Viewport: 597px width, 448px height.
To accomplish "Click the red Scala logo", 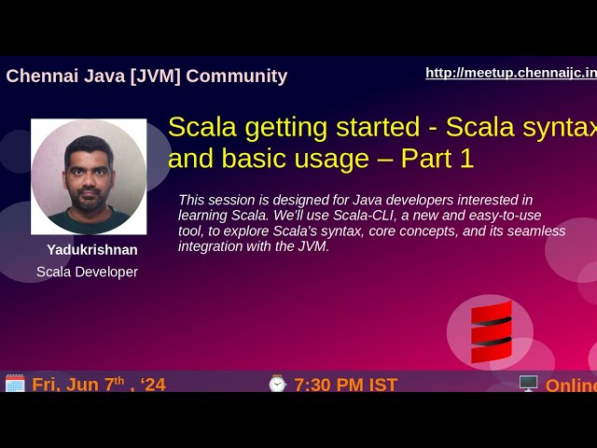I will coord(491,332).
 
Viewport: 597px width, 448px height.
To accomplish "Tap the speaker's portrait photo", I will coord(89,176).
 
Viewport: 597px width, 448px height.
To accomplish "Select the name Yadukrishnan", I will coord(92,250).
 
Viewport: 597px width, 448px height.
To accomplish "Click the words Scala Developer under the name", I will coord(87,272).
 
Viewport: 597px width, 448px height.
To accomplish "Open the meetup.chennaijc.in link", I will coord(511,73).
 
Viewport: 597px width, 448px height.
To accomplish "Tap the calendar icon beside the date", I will coord(15,384).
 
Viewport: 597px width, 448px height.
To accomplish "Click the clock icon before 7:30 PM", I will coord(277,384).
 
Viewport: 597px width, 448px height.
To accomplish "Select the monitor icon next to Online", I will coord(528,384).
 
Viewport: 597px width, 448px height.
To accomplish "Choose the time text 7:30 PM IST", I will coord(346,385).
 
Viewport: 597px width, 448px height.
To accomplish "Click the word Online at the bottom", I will coord(571,385).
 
